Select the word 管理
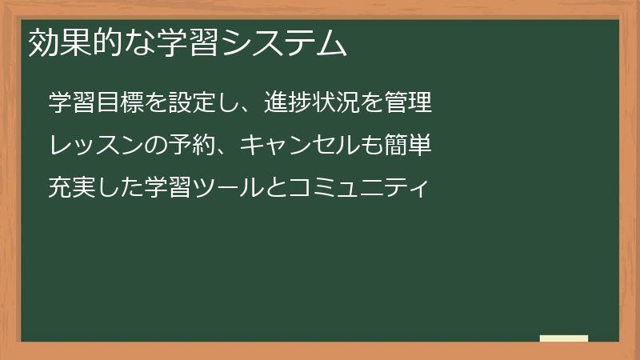pyautogui.click(x=408, y=103)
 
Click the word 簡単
pyautogui.click(x=408, y=146)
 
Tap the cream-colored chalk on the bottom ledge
pyautogui.click(x=564, y=338)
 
